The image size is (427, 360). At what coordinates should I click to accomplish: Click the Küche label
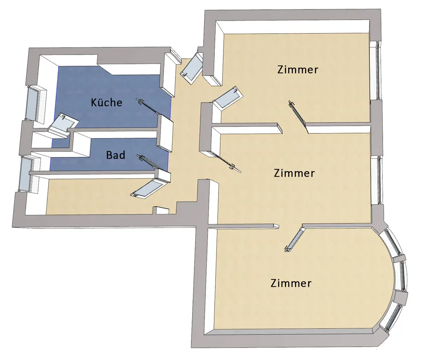[x=107, y=103]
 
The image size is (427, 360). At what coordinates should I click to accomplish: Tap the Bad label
[x=116, y=155]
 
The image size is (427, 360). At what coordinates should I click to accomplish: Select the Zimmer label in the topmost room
[x=298, y=70]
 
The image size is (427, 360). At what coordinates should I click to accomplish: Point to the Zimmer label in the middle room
[x=294, y=174]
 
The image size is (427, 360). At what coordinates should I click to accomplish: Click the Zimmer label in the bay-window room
[x=291, y=283]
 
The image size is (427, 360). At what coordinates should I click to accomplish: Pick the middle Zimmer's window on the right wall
[x=376, y=180]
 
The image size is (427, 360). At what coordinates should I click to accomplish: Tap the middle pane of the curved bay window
[x=401, y=275]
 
